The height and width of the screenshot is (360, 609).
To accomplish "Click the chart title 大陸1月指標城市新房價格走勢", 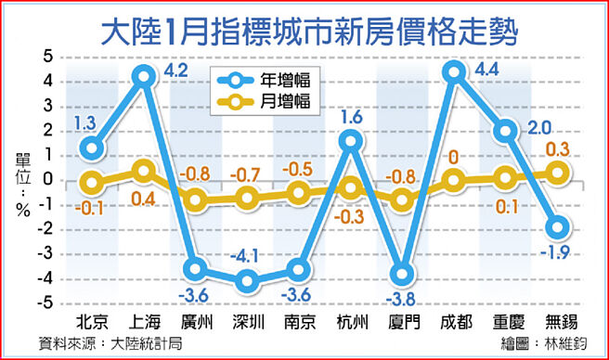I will pos(307,28).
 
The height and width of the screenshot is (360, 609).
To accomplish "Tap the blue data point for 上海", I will pos(143,76).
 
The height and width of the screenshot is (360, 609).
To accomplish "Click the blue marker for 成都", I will pos(454,71).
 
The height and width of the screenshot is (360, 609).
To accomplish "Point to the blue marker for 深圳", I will pos(247,281).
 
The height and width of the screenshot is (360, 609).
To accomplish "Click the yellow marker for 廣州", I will pos(195,199).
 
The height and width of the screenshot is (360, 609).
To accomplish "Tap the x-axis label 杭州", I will pos(350,323).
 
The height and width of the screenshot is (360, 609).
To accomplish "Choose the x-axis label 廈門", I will pos(402,323).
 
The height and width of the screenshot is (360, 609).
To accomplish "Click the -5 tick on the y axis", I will pos(46,304).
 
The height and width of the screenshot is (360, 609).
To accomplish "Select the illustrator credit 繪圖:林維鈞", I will pos(545,343).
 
